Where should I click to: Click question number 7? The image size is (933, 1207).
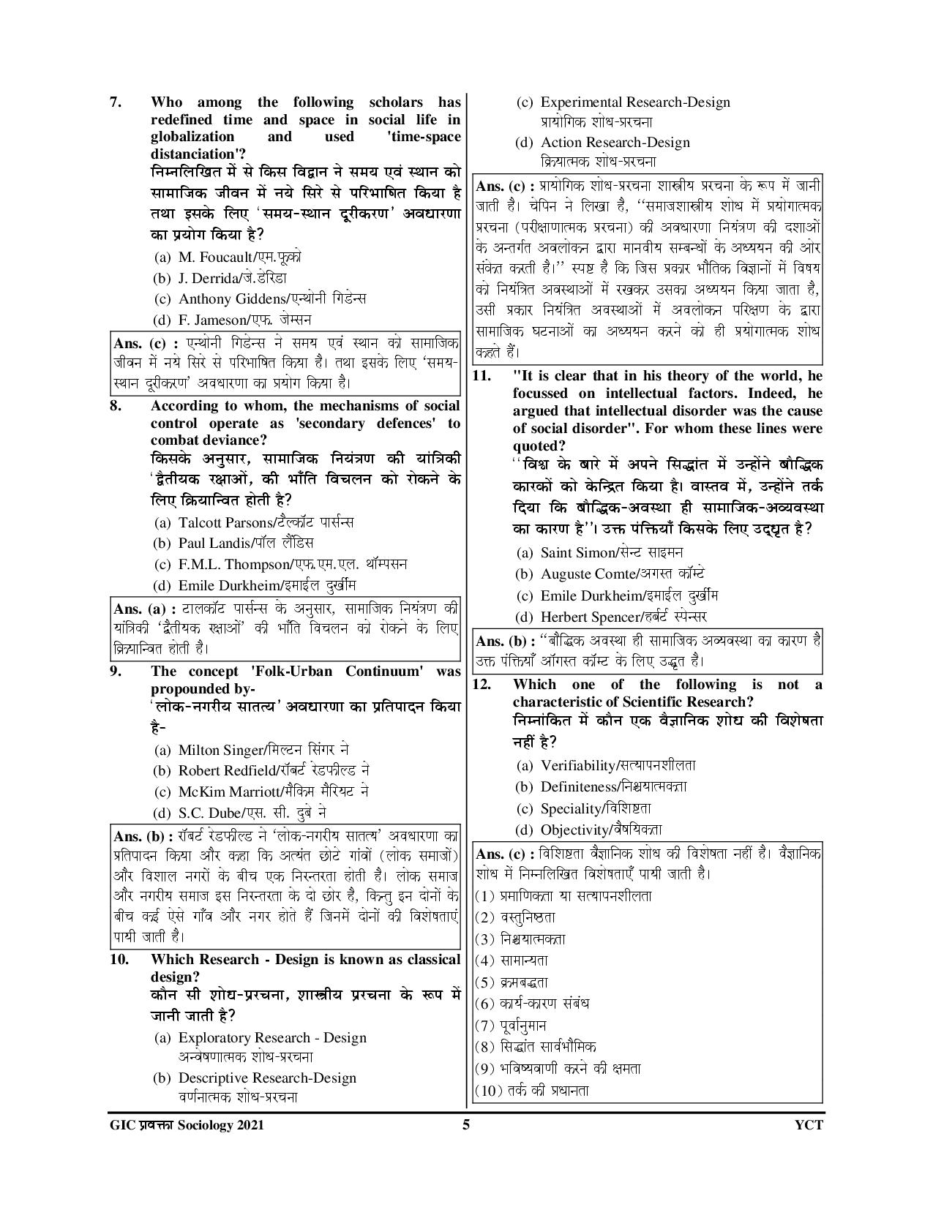[116, 102]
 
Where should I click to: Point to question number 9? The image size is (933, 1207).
[116, 672]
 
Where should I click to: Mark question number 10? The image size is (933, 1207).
[119, 960]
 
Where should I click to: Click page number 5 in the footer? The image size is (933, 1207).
[466, 1125]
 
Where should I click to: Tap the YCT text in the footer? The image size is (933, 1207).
[808, 1125]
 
